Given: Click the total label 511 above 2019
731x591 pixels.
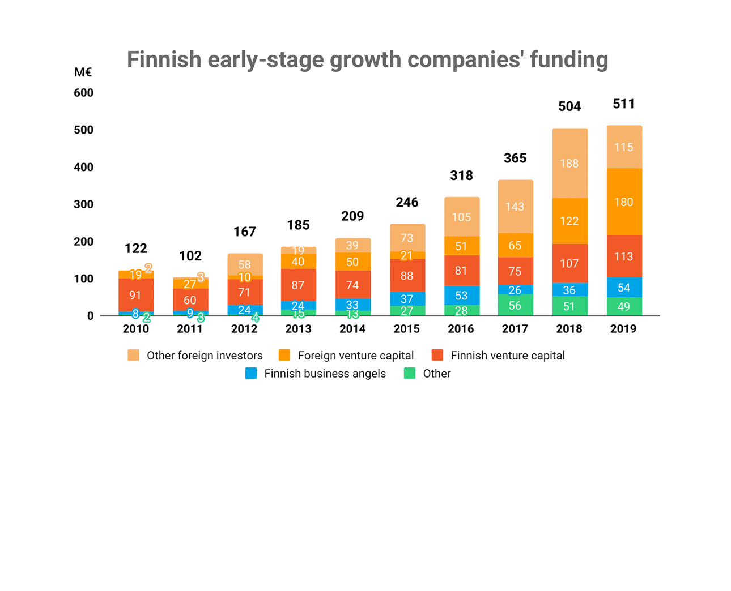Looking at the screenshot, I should click(x=624, y=104).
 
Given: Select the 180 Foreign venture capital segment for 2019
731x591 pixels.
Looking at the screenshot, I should click(x=624, y=202).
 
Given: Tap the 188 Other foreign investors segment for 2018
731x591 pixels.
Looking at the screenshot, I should click(x=569, y=164).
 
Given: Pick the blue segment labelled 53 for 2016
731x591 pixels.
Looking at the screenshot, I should click(x=461, y=295).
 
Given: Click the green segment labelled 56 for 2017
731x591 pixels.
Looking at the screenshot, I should click(x=515, y=306).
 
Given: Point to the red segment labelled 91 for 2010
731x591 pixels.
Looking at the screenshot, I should click(x=135, y=295).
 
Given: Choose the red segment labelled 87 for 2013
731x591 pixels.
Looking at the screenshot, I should click(x=299, y=285).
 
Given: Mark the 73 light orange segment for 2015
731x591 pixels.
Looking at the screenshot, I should click(x=407, y=238).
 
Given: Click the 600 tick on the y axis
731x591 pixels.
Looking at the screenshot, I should click(x=83, y=93).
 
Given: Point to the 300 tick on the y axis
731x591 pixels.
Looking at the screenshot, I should click(x=83, y=204).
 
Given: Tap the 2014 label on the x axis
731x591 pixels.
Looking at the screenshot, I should click(x=352, y=329).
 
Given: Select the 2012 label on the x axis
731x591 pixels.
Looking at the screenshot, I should click(x=244, y=329).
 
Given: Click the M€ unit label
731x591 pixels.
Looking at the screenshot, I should click(x=83, y=72).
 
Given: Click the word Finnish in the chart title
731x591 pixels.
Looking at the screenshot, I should click(x=164, y=59).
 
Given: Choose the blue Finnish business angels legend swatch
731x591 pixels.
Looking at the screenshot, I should click(x=251, y=374).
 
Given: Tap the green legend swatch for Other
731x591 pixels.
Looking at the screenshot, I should click(x=409, y=374).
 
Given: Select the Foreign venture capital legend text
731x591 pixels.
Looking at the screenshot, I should click(x=355, y=356).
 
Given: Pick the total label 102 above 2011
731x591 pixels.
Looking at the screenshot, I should click(x=190, y=256).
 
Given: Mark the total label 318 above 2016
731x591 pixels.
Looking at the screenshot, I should click(x=461, y=176).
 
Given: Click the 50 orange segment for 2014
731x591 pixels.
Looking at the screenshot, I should click(x=352, y=262).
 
